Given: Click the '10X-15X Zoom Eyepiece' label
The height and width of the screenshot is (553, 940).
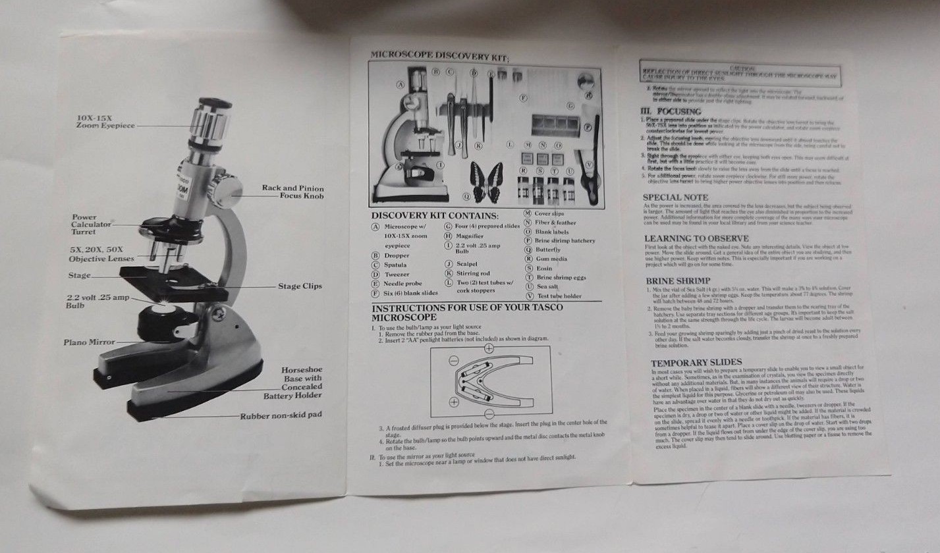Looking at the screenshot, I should click(105, 121).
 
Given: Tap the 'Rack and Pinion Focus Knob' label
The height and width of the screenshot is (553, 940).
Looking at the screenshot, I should click(293, 192).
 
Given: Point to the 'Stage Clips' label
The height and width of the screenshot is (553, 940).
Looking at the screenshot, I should click(299, 286).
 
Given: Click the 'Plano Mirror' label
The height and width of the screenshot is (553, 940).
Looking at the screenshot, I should click(89, 342).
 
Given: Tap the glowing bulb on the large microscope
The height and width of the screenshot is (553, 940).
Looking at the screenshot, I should click(164, 306).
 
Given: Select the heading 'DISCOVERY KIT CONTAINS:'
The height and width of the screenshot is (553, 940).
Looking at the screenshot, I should click(435, 215).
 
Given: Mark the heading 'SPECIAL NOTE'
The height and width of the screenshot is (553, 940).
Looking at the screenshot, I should click(675, 197).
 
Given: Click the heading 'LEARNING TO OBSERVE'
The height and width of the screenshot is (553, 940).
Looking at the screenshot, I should click(696, 238).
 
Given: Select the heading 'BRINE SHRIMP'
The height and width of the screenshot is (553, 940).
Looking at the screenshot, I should click(677, 280).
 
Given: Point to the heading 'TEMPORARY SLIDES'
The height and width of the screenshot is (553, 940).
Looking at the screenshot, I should click(696, 362).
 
